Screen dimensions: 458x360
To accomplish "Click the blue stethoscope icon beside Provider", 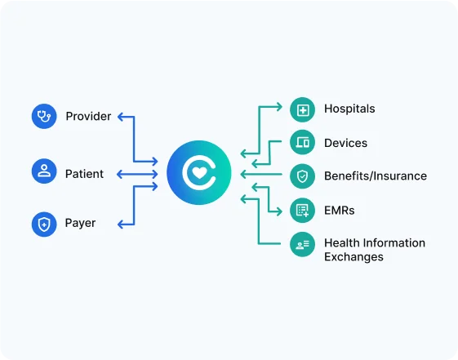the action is tap(44, 116).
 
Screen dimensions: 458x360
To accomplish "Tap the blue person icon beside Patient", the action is tap(44, 171).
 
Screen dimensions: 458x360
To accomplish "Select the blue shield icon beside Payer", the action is tap(44, 224).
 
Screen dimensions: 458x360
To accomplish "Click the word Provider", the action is tap(88, 117).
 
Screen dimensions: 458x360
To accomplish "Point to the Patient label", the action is tap(84, 174).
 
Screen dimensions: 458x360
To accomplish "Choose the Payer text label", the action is tap(80, 224).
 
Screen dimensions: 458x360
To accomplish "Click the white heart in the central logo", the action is tap(199, 172).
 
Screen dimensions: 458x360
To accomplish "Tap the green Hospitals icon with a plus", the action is tap(302, 109).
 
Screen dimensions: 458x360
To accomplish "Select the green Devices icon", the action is tap(302, 143).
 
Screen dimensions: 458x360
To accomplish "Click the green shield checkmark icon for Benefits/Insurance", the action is tap(302, 176).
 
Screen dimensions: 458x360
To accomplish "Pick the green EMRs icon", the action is tap(302, 211).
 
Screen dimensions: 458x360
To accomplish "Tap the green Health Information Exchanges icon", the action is tap(302, 244).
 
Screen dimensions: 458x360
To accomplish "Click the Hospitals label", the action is tap(349, 109).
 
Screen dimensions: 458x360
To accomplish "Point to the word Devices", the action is tap(345, 143).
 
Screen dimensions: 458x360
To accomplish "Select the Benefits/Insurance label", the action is tap(376, 176).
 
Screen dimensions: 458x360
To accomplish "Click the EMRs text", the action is tap(339, 211).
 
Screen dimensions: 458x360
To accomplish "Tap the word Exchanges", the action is tap(354, 257).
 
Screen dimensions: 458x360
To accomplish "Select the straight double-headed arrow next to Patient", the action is tap(137, 175).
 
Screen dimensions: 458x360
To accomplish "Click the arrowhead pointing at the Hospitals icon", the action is tap(279, 107).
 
